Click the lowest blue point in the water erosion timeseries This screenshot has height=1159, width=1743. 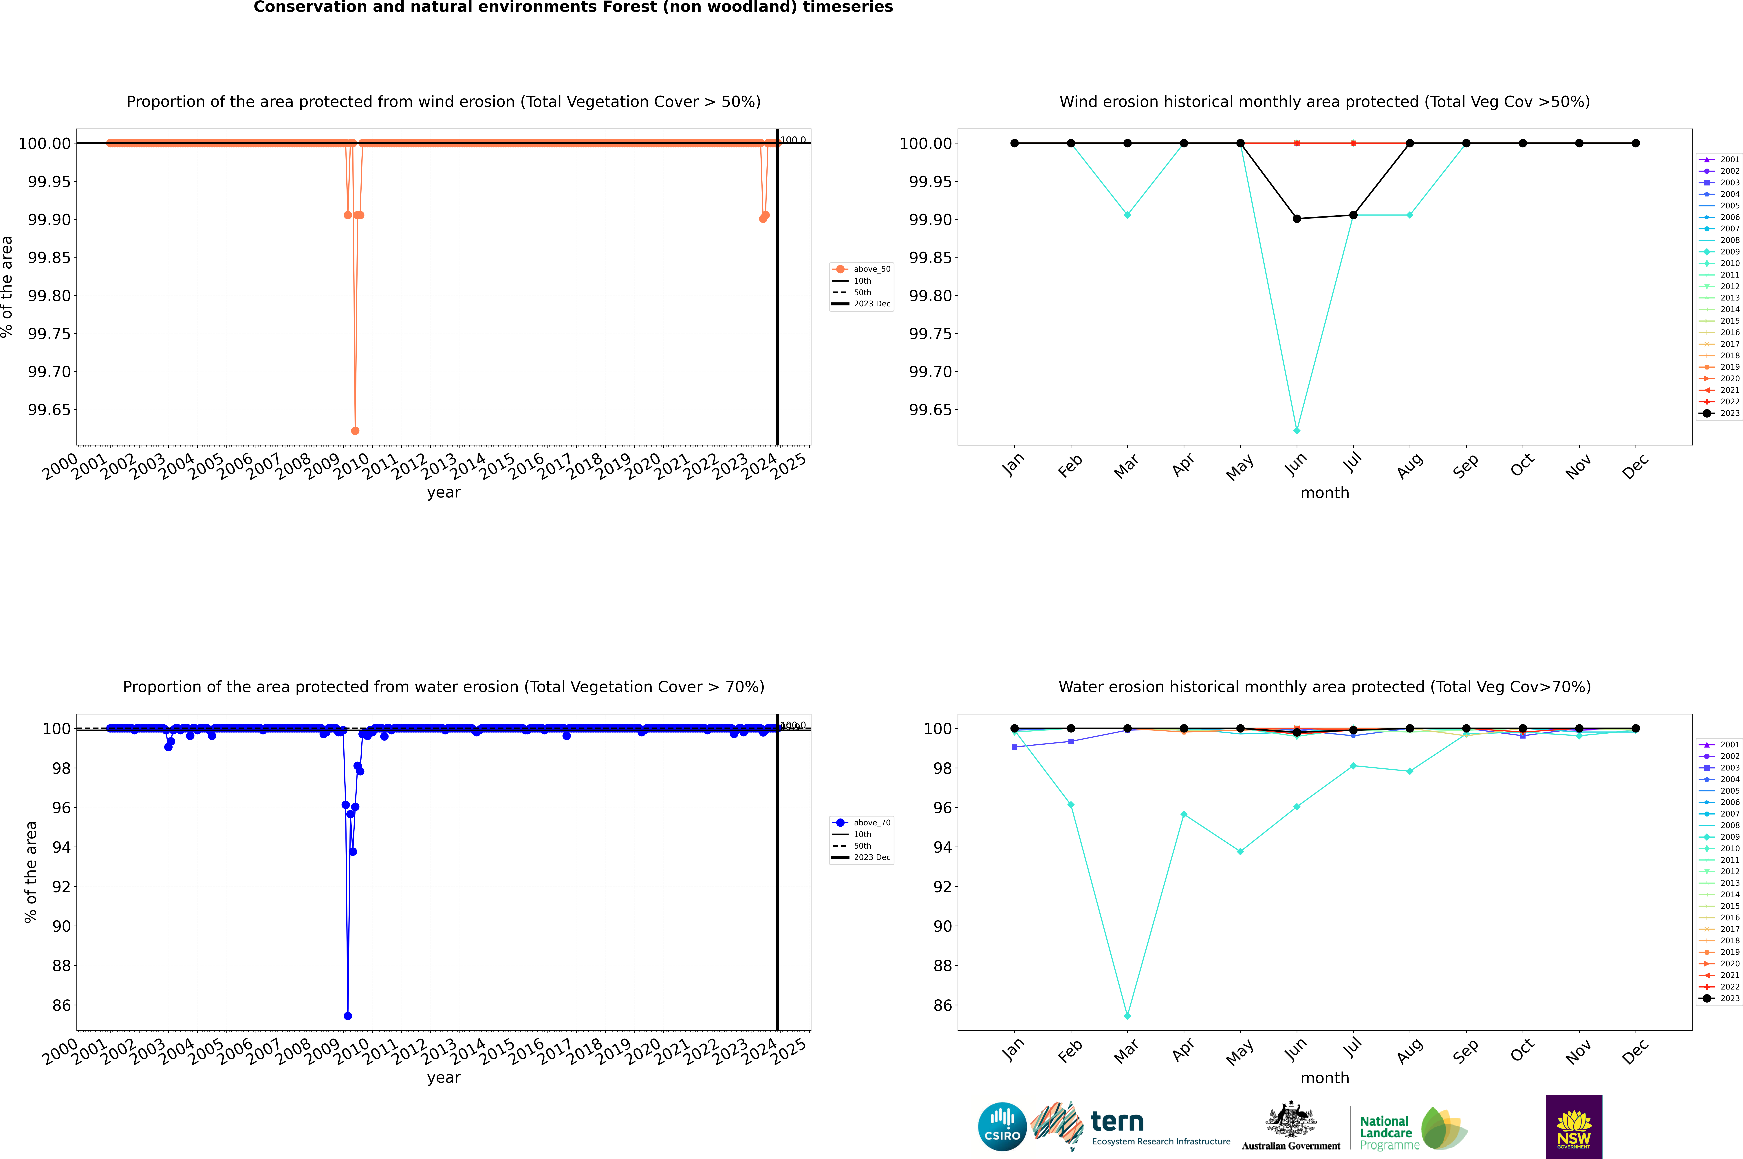[x=348, y=1016]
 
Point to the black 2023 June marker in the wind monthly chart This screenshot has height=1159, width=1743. [x=1297, y=219]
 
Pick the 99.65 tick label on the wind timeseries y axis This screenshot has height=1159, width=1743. [x=50, y=410]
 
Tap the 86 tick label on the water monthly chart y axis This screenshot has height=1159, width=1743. [x=942, y=1005]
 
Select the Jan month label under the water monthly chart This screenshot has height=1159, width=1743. [x=1013, y=1050]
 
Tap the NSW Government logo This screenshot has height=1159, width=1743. [x=1574, y=1127]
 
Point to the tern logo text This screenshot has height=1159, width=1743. [x=1117, y=1122]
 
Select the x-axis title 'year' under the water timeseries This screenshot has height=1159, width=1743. [x=443, y=1078]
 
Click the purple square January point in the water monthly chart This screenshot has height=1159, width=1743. [x=1015, y=747]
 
